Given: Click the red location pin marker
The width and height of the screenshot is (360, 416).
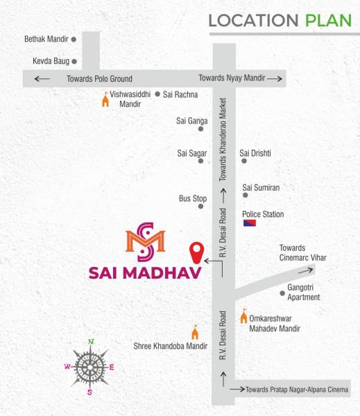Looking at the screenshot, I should pos(197,250).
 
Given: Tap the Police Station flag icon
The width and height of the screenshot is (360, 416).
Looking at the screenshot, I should pos(249,223).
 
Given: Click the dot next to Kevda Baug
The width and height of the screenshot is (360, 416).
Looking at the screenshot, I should pos(73,61).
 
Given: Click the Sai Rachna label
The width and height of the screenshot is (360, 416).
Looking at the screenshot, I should pos(181,94).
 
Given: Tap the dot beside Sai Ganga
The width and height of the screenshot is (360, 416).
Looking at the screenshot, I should pos(201,128).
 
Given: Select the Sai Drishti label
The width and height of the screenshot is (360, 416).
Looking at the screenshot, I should pos(255,153).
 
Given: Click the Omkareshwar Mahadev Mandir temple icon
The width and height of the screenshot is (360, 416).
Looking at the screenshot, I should pos(243,316).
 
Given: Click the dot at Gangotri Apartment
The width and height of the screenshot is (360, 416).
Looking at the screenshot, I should pos(282,293).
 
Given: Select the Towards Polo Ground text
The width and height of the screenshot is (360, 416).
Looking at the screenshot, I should pos(99,78).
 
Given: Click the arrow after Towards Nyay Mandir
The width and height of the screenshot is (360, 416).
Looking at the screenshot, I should pos(277,78).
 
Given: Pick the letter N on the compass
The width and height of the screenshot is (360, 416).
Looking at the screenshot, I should pos(90,341).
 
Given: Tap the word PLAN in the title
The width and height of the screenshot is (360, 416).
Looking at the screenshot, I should pos(329,20).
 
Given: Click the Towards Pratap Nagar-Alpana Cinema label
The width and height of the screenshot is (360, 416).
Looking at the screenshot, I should pos(297,390).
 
